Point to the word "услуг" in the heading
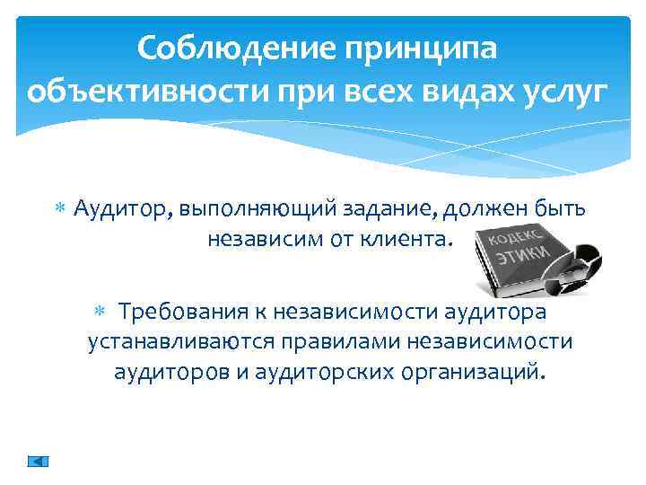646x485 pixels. [567, 92]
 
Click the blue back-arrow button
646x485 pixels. [38, 461]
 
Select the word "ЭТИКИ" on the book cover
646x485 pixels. [520, 256]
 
